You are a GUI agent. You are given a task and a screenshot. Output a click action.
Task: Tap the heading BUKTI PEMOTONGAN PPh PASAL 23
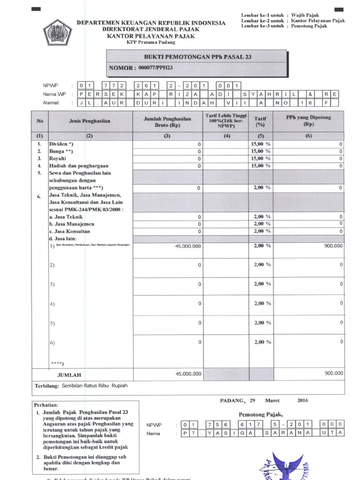pos(197,57)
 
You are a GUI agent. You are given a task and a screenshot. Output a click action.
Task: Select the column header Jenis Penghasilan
pos(90,121)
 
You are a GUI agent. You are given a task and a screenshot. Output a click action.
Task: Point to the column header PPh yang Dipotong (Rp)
pos(308,121)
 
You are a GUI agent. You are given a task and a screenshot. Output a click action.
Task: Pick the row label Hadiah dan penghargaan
pos(79,165)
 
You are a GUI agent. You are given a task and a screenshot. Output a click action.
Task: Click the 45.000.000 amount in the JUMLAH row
pos(188,374)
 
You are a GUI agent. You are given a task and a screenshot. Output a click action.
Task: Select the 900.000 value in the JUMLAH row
pos(333,373)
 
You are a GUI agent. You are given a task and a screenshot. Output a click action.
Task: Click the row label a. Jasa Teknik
pos(66,217)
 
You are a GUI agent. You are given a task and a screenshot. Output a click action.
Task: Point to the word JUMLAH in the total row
pos(69,375)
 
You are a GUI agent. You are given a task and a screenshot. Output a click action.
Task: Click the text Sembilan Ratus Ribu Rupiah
pos(95,386)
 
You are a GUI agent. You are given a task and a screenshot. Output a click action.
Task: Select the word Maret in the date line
pos(272,400)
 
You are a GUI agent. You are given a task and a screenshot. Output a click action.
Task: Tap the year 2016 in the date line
pos(303,400)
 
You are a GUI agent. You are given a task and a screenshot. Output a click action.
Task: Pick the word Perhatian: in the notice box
pos(46,405)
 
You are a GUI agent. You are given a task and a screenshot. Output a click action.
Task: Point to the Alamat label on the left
pos(51,103)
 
